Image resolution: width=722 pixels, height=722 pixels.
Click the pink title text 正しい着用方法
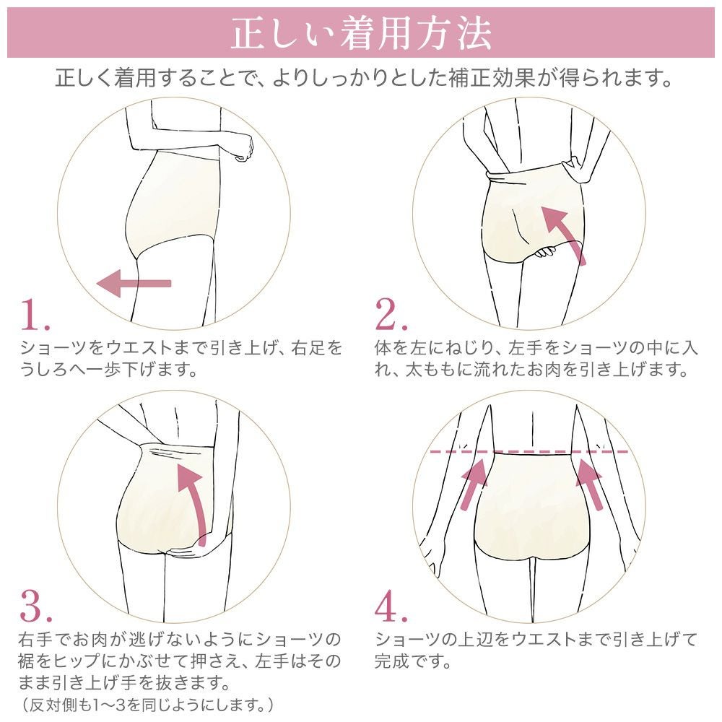pos(361,33)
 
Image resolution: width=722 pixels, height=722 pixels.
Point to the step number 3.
pos(36,606)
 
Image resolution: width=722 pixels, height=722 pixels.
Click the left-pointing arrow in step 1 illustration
pos(134,283)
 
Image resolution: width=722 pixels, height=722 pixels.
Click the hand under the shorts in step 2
pos(546,252)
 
